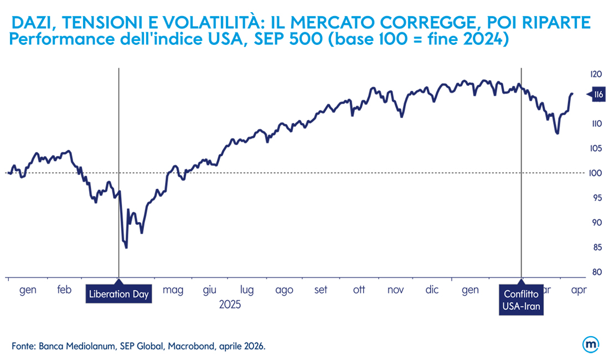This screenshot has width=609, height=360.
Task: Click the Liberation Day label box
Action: [119, 294]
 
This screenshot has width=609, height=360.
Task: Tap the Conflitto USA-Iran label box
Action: [521, 300]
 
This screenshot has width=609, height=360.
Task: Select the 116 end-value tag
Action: [597, 95]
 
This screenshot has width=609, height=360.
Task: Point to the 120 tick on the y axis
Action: [596, 74]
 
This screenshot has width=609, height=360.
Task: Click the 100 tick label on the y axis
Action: [596, 173]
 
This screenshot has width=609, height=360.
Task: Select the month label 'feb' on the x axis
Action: [64, 290]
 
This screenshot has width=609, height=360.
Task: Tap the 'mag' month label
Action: [173, 290]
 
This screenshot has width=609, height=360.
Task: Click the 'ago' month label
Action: [284, 290]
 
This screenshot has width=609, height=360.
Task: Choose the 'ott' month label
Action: [359, 290]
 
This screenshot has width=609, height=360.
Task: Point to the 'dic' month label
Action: [432, 290]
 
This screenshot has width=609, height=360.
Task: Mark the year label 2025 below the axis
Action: [230, 304]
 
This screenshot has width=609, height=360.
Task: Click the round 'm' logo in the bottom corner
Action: [590, 344]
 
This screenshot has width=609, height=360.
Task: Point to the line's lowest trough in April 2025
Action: [126, 248]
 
